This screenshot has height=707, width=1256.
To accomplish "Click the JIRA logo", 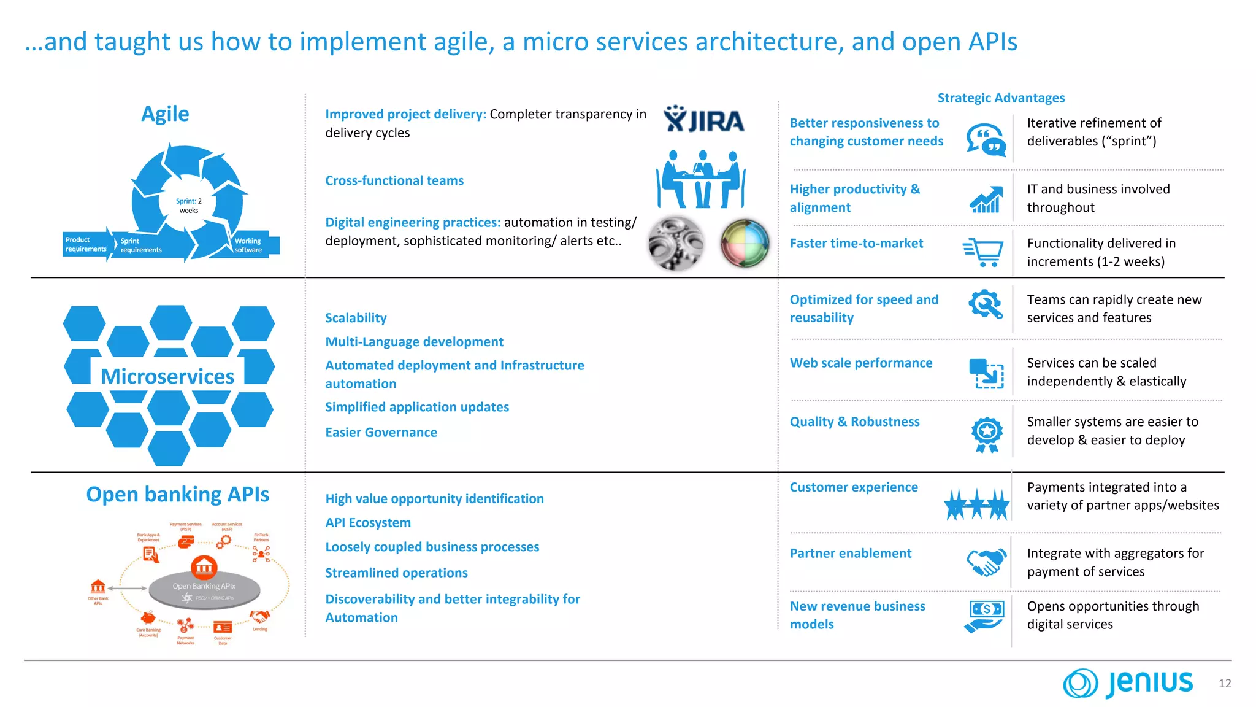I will pyautogui.click(x=704, y=120).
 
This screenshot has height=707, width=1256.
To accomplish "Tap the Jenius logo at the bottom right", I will pyautogui.click(x=1128, y=683).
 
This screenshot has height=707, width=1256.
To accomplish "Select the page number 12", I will pyautogui.click(x=1224, y=684).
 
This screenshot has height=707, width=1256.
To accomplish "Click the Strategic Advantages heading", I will pyautogui.click(x=1001, y=98).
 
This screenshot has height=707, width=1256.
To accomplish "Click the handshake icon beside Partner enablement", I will pyautogui.click(x=986, y=562).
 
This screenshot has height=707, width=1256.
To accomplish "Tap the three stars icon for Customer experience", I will pyautogui.click(x=976, y=504).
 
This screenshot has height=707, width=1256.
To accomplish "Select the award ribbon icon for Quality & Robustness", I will pyautogui.click(x=987, y=434).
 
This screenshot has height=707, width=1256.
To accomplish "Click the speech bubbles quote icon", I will pyautogui.click(x=986, y=139).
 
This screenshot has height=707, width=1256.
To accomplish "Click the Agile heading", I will pyautogui.click(x=165, y=114).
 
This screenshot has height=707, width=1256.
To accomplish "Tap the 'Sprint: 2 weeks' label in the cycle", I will pyautogui.click(x=189, y=206).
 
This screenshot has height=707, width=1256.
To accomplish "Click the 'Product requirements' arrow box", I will pyautogui.click(x=86, y=244).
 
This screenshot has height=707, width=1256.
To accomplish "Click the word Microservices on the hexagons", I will pyautogui.click(x=167, y=376).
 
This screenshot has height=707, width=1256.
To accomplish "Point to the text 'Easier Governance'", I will pyautogui.click(x=381, y=433).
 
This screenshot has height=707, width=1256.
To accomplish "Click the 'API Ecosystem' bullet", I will pyautogui.click(x=368, y=523).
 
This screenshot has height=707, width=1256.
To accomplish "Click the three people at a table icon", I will pyautogui.click(x=701, y=179).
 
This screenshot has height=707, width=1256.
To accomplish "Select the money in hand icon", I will pyautogui.click(x=985, y=616).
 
